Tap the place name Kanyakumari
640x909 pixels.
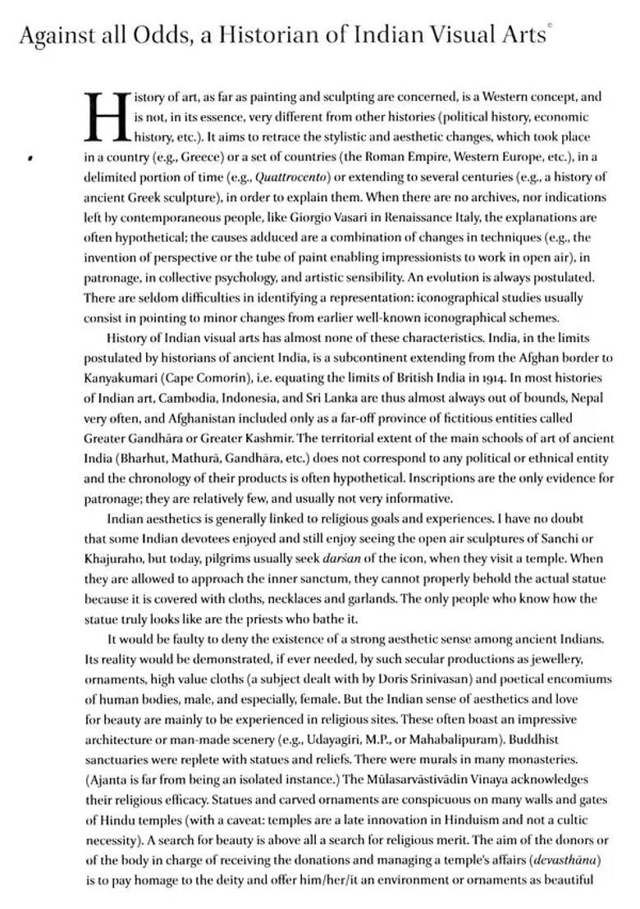coord(121,378)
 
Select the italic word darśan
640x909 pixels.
coord(342,559)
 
